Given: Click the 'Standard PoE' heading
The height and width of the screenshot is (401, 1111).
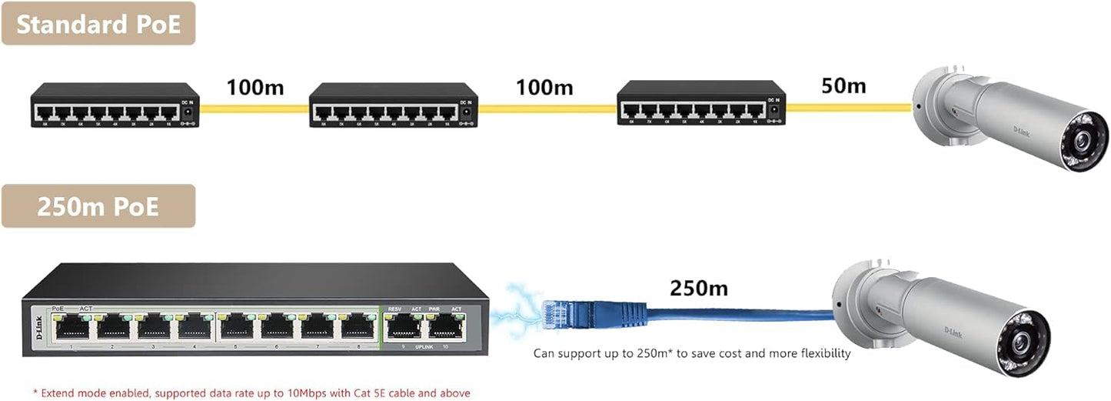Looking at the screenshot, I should tap(98, 23).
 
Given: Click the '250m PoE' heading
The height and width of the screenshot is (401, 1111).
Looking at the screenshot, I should tap(98, 206).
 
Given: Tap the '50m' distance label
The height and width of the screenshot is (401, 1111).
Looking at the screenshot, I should tap(843, 85).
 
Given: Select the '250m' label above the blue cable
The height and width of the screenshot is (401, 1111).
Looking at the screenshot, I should tap(698, 289).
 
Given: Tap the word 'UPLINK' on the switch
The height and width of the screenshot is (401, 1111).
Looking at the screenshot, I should tap(426, 348).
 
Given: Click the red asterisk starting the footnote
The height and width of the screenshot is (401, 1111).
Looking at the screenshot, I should tap(35, 393).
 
